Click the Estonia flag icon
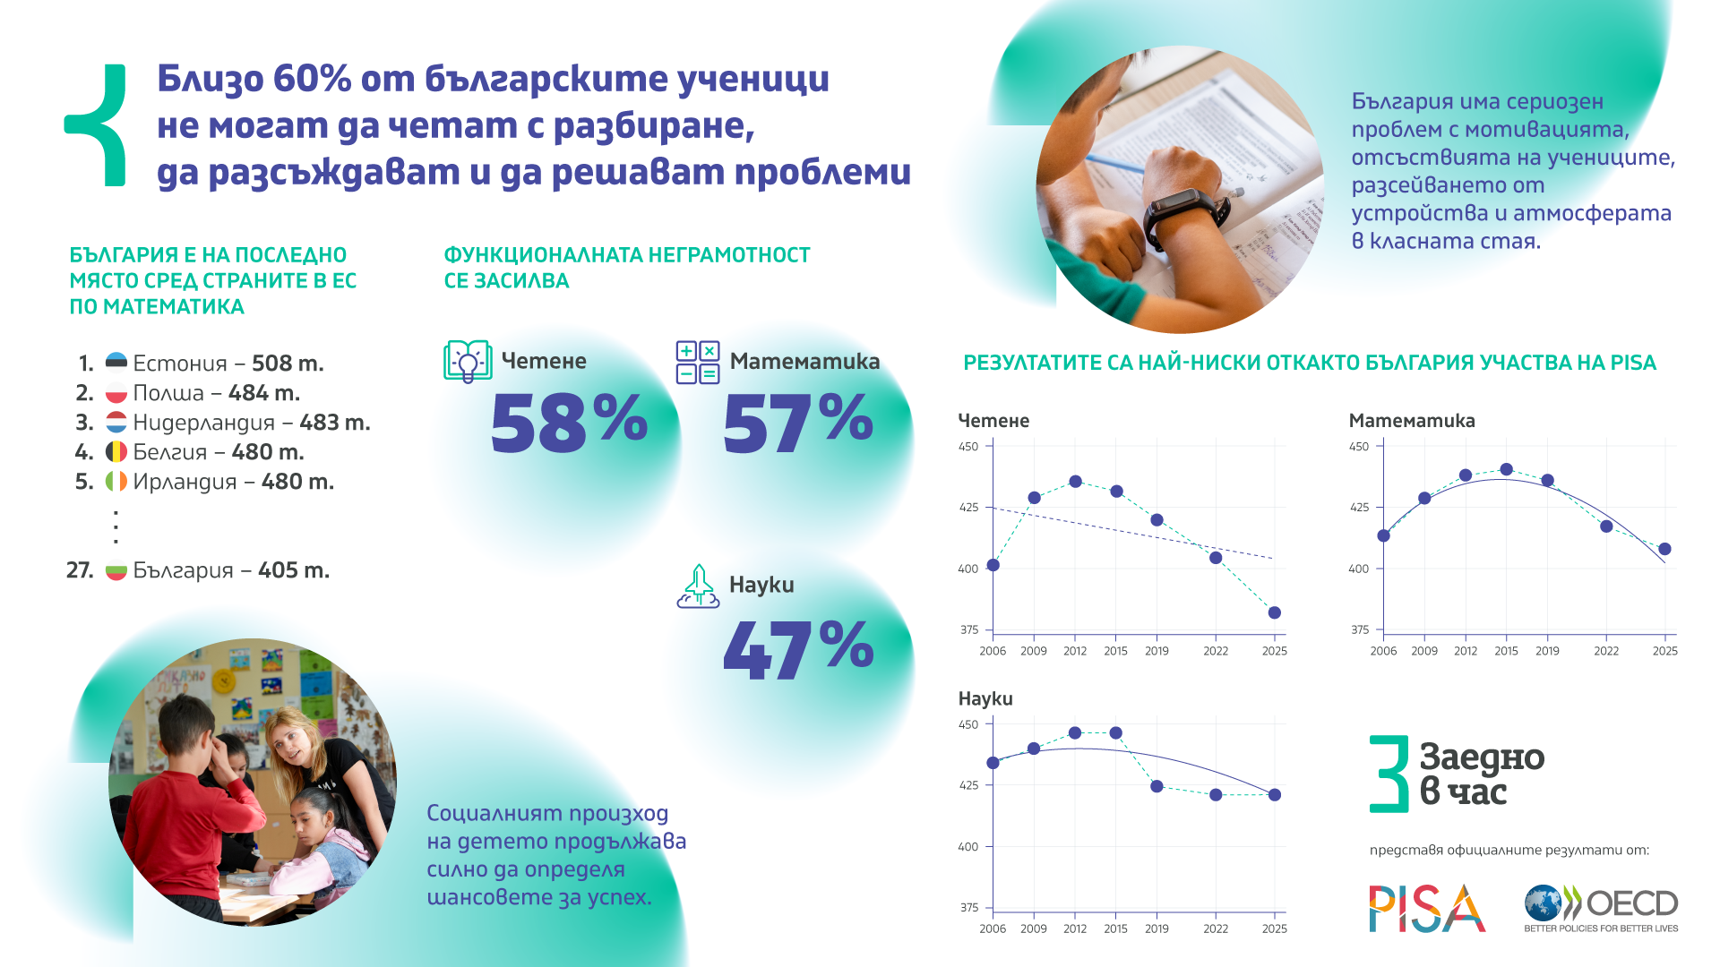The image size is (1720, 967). [x=116, y=363]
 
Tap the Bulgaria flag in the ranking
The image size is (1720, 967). [x=116, y=569]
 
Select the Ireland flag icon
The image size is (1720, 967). [x=116, y=481]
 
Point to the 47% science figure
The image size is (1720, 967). [x=798, y=648]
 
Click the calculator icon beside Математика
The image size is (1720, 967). [x=698, y=362]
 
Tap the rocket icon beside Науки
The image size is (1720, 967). [x=698, y=586]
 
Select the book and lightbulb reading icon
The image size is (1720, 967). [x=468, y=362]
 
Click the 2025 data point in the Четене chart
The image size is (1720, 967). [x=1275, y=612]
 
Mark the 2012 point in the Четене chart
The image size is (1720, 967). [x=1075, y=482]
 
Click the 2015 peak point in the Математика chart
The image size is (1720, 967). [x=1506, y=469]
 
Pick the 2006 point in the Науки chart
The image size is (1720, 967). [x=993, y=763]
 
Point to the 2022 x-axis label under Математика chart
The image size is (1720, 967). [x=1606, y=651]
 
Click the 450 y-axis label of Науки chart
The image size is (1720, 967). [x=968, y=724]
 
